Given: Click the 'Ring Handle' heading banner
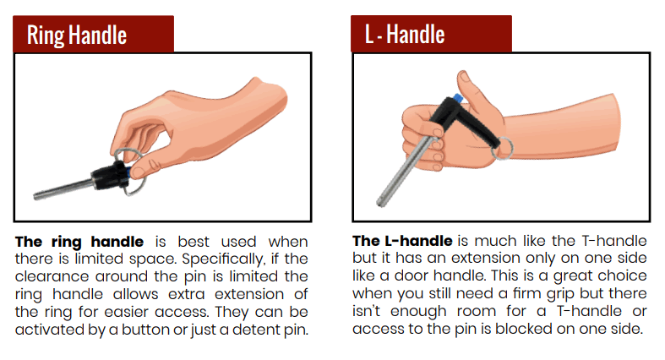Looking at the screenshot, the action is tap(93, 34).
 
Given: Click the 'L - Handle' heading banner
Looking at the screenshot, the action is tap(431, 34).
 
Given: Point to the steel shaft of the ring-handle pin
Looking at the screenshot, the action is tap(63, 189).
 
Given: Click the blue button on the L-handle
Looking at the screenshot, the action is tap(457, 98).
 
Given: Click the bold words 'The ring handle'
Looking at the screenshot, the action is tap(79, 243).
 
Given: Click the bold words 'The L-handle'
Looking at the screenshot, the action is tap(402, 241).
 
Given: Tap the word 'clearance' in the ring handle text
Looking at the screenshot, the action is tap(52, 276).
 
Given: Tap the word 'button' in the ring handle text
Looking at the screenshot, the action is tap(147, 330).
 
